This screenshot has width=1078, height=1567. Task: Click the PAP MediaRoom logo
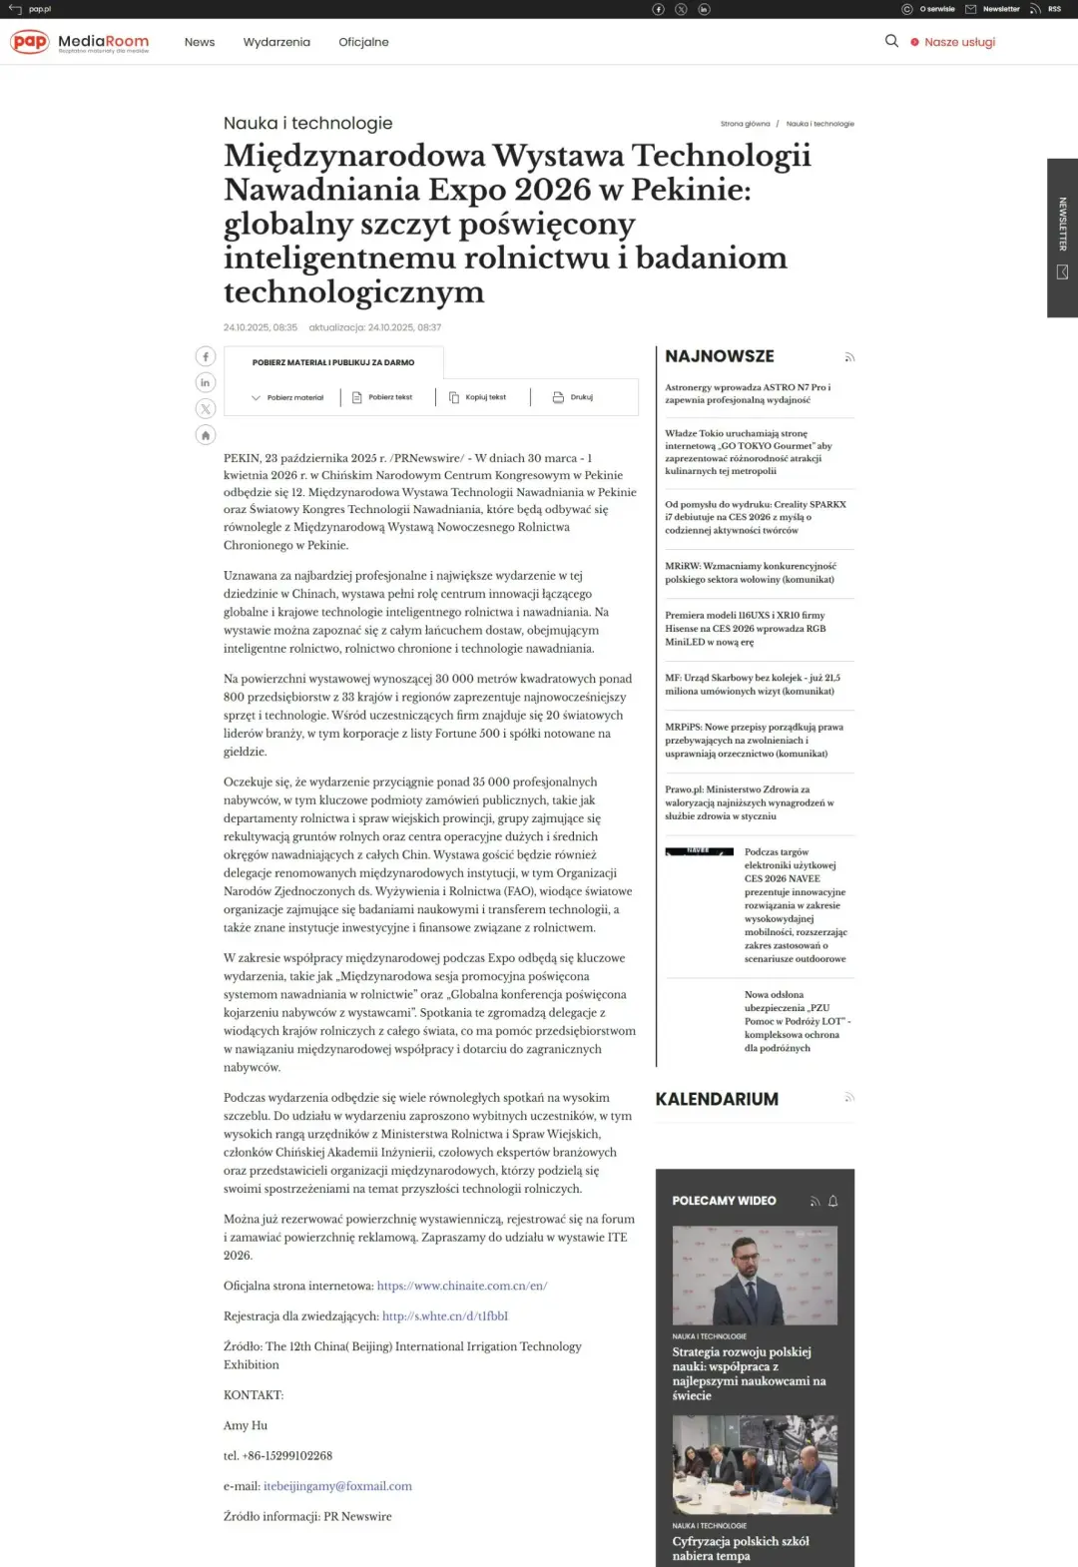coord(79,42)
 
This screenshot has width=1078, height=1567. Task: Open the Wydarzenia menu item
coord(276,42)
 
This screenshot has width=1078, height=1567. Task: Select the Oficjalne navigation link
coord(363,42)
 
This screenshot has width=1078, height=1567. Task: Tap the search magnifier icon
coord(891,41)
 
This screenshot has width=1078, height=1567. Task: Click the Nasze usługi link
coord(958,42)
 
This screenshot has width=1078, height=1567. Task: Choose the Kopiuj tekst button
coord(478,397)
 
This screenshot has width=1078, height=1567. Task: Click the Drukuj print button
coord(573,397)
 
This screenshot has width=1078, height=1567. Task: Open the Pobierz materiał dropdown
coord(287,397)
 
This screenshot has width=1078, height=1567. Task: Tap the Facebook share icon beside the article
coord(206,356)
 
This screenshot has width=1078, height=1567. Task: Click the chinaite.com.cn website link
coord(462,1286)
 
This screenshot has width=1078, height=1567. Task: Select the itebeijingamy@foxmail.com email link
coord(337,1486)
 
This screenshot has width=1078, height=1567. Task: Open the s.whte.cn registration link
coord(445,1315)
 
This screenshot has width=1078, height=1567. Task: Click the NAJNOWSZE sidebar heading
coord(720,356)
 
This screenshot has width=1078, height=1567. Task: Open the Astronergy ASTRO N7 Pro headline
coord(748,393)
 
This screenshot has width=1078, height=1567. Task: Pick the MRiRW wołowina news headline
coord(750,572)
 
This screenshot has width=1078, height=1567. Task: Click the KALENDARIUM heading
coord(717,1099)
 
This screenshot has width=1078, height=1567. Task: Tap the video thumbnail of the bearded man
coord(755,1276)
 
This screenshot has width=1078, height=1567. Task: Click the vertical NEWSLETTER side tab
coord(1062,238)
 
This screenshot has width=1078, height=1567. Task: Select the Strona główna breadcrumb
coord(745,124)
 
